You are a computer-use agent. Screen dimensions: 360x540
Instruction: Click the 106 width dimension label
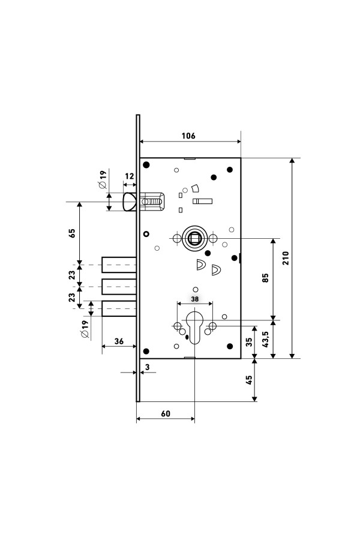(188, 136)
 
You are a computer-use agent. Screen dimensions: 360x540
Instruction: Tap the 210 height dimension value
(286, 258)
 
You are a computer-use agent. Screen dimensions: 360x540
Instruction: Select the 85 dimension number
(265, 278)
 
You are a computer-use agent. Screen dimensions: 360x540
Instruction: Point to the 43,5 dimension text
(265, 339)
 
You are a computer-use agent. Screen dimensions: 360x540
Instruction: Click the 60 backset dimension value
(166, 413)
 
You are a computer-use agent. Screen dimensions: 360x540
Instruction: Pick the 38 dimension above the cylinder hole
(195, 299)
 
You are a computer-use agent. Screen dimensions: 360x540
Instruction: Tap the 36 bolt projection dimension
(119, 341)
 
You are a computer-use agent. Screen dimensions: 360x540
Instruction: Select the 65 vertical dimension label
(72, 233)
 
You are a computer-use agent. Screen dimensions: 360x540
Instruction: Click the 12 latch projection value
(129, 176)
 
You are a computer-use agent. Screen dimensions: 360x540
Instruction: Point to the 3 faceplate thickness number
(148, 367)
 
